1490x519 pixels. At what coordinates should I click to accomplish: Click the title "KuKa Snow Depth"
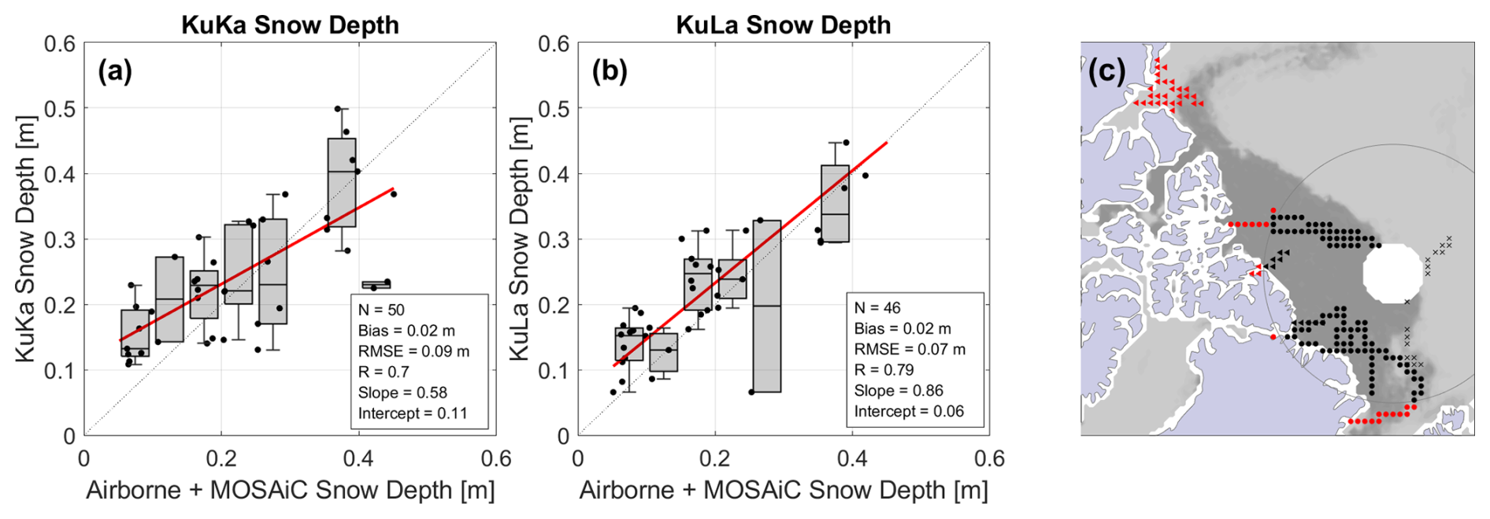click(290, 24)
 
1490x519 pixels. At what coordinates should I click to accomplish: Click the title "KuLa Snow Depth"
click(783, 24)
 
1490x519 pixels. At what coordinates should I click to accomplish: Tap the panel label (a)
click(115, 72)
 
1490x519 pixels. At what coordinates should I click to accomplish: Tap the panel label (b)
click(610, 72)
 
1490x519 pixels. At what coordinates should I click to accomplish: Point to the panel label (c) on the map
click(1107, 71)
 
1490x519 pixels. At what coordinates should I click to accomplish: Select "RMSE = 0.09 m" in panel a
click(413, 351)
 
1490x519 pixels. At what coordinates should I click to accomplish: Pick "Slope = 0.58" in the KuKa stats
click(402, 392)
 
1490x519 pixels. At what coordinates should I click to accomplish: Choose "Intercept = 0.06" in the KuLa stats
click(909, 411)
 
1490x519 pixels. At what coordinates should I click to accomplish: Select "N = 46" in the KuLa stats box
click(877, 308)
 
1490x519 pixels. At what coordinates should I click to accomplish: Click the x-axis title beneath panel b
click(783, 490)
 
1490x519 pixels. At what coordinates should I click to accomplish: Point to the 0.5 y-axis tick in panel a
click(60, 109)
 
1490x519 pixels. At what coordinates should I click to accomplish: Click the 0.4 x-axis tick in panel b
click(852, 458)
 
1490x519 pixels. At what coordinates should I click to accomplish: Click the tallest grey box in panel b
click(766, 306)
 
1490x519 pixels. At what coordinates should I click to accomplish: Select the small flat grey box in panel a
click(376, 284)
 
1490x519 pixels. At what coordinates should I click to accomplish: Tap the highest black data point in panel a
click(338, 109)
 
